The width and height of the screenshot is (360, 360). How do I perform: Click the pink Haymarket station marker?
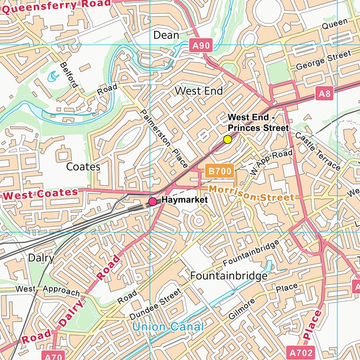(152, 202)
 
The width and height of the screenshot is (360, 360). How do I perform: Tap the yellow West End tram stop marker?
(227, 139)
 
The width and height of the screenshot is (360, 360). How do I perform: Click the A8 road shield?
(324, 94)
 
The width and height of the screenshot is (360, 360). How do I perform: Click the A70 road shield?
(54, 356)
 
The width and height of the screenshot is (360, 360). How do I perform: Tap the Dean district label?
(166, 35)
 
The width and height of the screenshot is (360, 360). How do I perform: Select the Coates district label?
(83, 166)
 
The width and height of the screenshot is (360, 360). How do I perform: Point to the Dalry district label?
(41, 258)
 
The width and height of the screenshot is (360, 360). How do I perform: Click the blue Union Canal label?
(168, 327)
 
